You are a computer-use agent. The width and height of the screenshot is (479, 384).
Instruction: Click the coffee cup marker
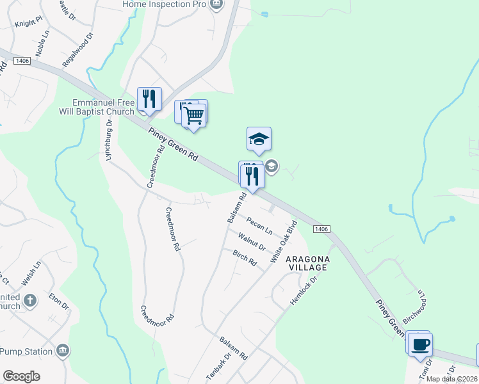click(x=419, y=345)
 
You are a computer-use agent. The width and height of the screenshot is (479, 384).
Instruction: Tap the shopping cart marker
click(x=194, y=116)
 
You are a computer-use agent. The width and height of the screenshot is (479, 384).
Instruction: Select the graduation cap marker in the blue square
click(x=259, y=139)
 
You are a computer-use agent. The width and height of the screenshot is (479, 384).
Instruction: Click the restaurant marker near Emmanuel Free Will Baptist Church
click(x=149, y=99)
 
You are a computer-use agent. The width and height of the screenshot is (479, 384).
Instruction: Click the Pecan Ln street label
click(x=259, y=226)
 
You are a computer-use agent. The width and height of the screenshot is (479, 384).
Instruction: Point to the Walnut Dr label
click(x=252, y=242)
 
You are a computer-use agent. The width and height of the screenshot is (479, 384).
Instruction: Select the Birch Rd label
click(x=244, y=257)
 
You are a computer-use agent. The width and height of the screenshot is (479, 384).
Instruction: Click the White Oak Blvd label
click(x=284, y=243)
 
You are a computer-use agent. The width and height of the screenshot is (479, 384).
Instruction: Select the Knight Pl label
click(x=29, y=20)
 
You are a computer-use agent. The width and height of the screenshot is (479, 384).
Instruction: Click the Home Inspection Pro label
click(x=165, y=4)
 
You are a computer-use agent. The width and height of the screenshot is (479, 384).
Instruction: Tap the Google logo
click(x=21, y=376)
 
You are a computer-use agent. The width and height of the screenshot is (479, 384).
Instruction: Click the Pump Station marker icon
click(x=63, y=350)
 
